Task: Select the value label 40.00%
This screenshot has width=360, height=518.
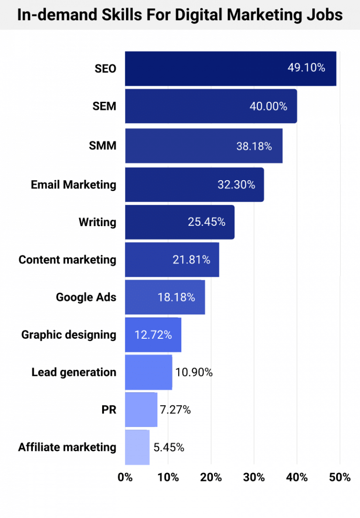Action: pyautogui.click(x=268, y=107)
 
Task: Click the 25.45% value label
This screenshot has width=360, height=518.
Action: pyautogui.click(x=207, y=222)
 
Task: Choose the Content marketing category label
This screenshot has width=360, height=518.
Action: pyautogui.click(x=67, y=259)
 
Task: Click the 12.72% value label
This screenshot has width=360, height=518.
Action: pyautogui.click(x=153, y=335)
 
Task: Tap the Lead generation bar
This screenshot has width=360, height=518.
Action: pyautogui.click(x=148, y=372)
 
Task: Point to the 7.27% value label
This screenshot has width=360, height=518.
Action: pyautogui.click(x=175, y=410)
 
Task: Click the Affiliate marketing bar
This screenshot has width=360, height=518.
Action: pyautogui.click(x=137, y=447)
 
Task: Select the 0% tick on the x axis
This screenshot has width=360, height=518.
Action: pyautogui.click(x=125, y=478)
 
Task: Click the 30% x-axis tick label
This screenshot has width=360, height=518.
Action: pyautogui.click(x=254, y=478)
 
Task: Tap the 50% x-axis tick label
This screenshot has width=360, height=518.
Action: pyautogui.click(x=340, y=478)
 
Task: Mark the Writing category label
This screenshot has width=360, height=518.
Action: pyautogui.click(x=97, y=222)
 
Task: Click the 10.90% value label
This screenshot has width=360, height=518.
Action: pyautogui.click(x=194, y=373)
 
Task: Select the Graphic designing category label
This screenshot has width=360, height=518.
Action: pyautogui.click(x=68, y=335)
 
